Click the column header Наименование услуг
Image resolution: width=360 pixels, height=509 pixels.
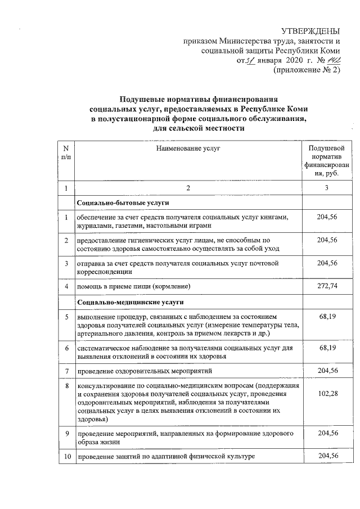coord(188,148)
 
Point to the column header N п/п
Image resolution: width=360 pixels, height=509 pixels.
coord(66,152)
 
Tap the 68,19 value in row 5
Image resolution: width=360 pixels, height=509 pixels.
coord(327,318)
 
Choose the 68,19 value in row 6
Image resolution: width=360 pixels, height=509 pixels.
coord(327,349)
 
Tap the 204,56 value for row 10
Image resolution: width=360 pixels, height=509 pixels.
coord(327,456)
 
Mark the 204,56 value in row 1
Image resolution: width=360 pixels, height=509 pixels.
coord(327,218)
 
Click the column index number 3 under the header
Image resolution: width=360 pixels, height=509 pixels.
coord(327,187)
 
